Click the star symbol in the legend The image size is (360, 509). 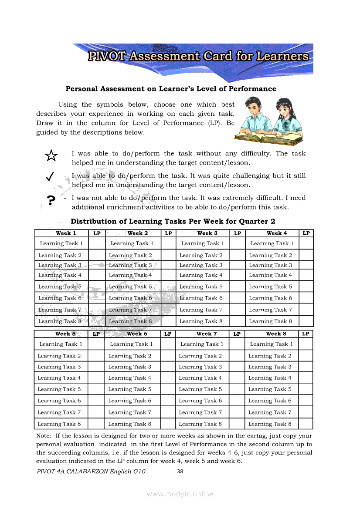pyautogui.click(x=51, y=155)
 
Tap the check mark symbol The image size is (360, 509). pyautogui.click(x=50, y=176)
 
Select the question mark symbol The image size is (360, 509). pyautogui.click(x=51, y=200)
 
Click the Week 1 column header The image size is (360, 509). pyautogui.click(x=66, y=233)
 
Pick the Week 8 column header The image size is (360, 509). pyautogui.click(x=276, y=334)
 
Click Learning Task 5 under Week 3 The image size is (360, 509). pyautogui.click(x=201, y=287)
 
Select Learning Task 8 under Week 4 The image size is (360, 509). pyautogui.click(x=271, y=321)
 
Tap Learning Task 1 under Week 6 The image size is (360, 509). pyautogui.click(x=131, y=344)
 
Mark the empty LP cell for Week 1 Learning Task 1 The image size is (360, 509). pyautogui.click(x=97, y=243)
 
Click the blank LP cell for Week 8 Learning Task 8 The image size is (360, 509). pyautogui.click(x=306, y=424)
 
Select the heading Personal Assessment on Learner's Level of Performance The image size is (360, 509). pyautogui.click(x=171, y=89)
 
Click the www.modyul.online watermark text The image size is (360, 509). pyautogui.click(x=180, y=494)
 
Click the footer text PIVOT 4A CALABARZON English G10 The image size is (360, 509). pyautogui.click(x=91, y=471)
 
